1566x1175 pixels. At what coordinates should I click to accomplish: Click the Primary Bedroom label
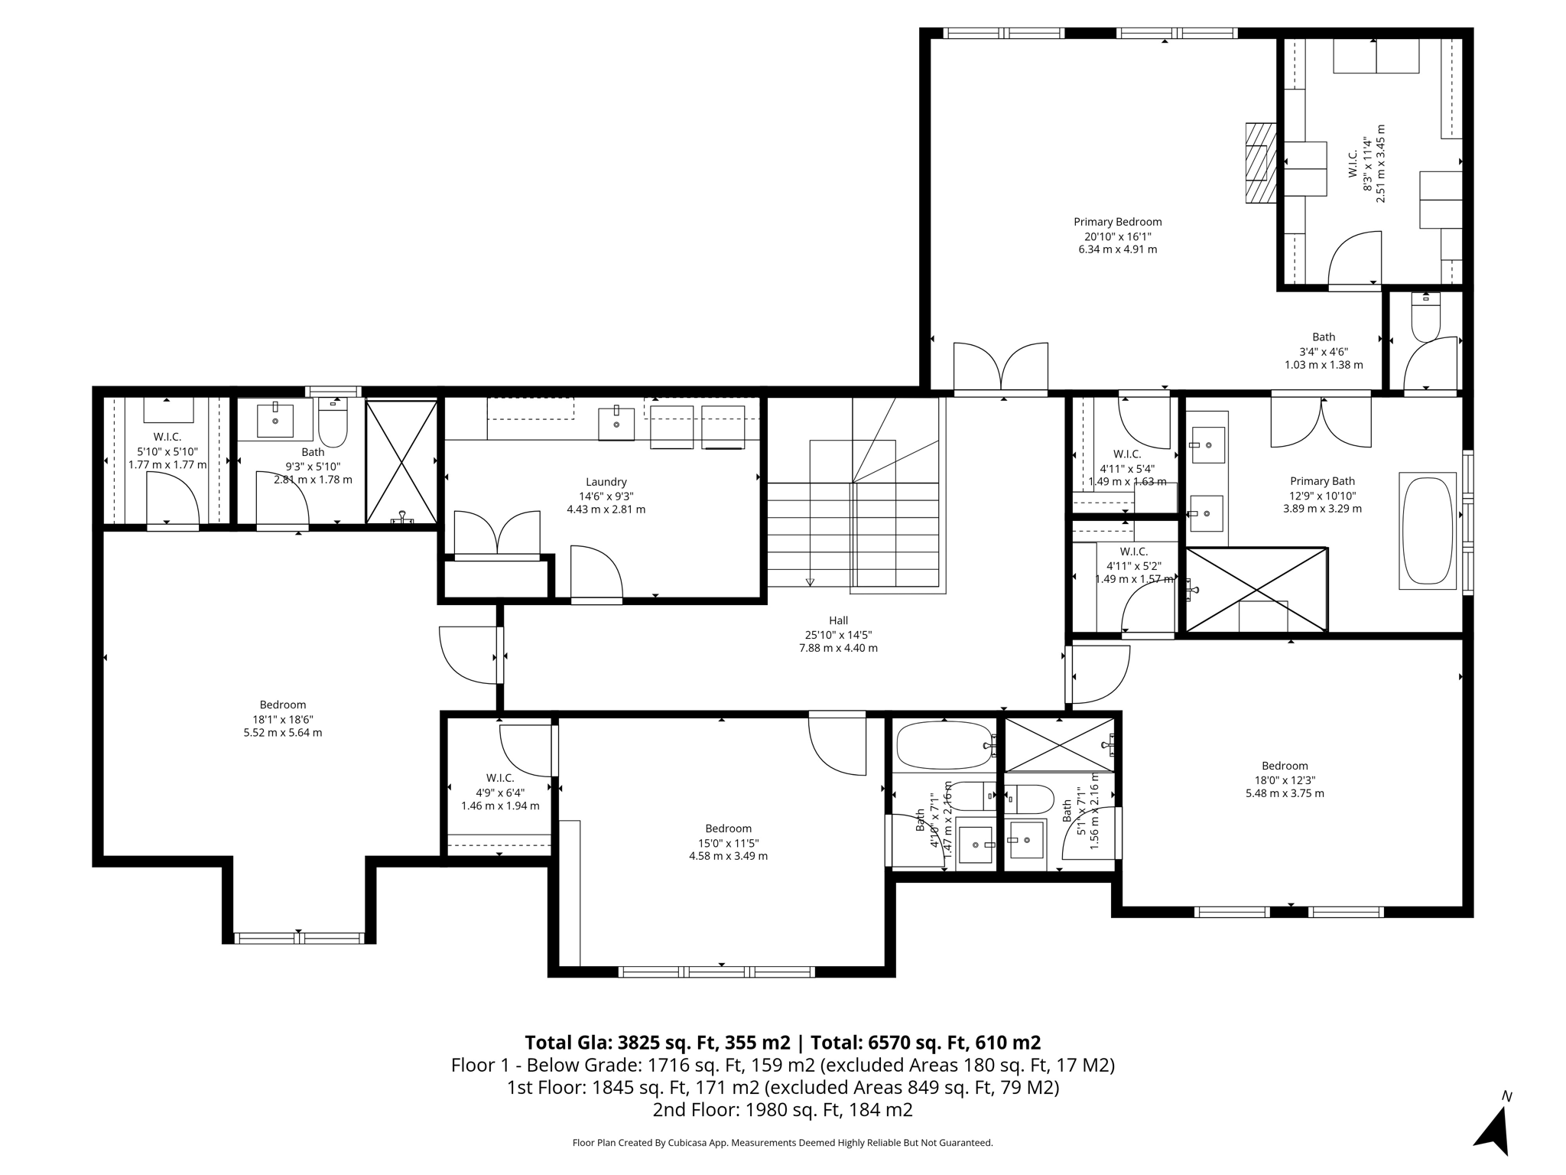1117,222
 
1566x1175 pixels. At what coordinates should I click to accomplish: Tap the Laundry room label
606,482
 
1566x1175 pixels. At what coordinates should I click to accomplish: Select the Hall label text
838,620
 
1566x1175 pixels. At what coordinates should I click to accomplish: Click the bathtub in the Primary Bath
1427,531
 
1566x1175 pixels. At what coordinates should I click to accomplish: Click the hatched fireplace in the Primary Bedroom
1261,163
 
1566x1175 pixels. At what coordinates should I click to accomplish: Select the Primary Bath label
1322,481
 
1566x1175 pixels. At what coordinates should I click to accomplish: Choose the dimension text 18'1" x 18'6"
282,719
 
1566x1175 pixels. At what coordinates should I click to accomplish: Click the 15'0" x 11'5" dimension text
728,842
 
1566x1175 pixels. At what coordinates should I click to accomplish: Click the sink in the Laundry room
616,423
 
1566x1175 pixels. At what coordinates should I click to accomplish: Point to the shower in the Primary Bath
1256,590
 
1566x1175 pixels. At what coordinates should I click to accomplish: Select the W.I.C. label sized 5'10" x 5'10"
167,437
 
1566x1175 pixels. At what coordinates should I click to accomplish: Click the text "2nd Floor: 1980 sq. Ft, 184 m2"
782,1109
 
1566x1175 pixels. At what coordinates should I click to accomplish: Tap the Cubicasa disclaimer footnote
782,1143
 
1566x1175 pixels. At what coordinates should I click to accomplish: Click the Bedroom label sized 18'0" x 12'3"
1285,766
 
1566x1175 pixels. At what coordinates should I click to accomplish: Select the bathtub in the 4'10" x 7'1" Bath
945,746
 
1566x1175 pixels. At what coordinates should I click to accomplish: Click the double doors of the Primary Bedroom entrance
1000,369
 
